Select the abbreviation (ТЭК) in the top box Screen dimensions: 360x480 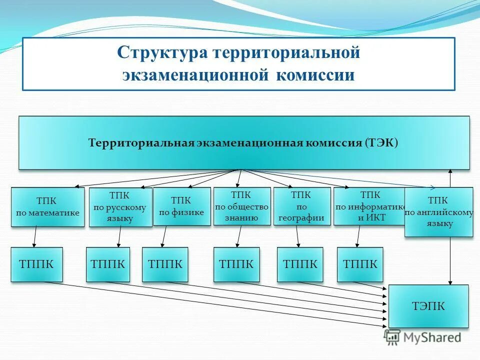click(381, 143)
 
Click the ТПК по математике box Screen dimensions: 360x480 click(48, 207)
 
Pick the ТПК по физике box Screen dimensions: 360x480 click(181, 206)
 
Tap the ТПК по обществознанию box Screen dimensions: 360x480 click(242, 206)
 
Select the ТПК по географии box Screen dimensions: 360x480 click(302, 206)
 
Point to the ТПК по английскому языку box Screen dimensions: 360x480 click(438, 212)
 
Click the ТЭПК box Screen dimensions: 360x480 click(428, 306)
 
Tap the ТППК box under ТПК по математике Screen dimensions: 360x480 click(37, 264)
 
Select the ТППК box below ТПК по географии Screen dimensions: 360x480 click(300, 264)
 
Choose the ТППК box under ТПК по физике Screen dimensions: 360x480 click(165, 264)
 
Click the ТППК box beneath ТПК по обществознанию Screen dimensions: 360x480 click(236, 264)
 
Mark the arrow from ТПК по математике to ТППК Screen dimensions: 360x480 click(35, 236)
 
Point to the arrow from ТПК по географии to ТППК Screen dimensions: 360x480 click(297, 236)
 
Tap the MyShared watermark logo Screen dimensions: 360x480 click(422, 337)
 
